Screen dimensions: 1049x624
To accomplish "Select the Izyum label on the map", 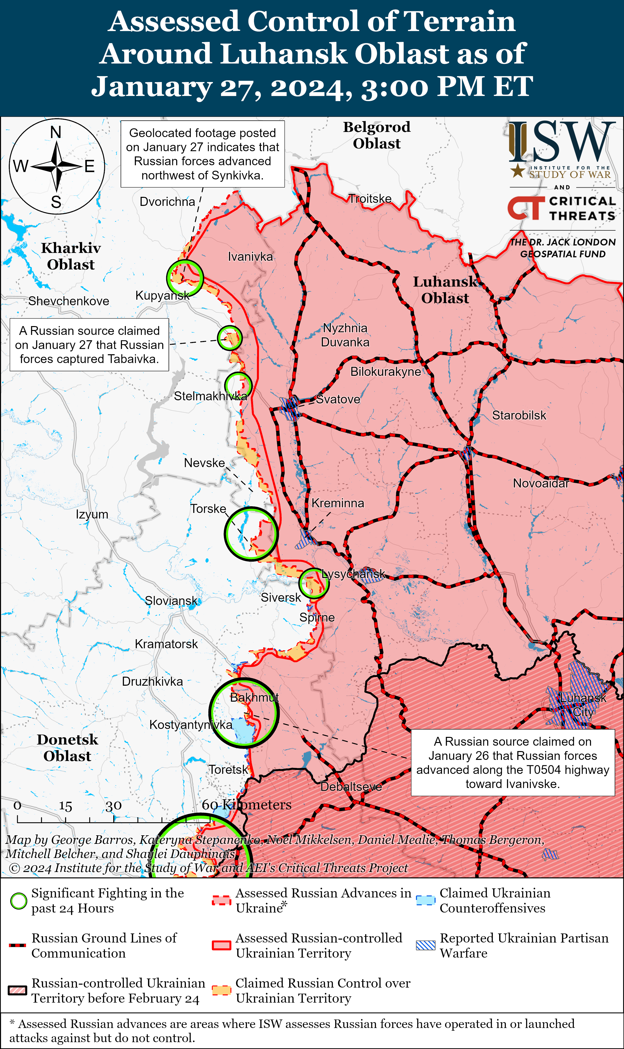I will [x=92, y=514].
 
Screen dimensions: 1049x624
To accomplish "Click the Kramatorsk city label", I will [x=166, y=644].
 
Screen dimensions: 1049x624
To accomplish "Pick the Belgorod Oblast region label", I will [x=377, y=135].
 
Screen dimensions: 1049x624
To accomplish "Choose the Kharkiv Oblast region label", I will [x=71, y=256].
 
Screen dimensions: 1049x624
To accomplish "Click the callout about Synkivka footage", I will [x=202, y=154].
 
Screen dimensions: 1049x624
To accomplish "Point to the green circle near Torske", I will [x=251, y=534].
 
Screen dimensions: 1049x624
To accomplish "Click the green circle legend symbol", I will [x=19, y=901].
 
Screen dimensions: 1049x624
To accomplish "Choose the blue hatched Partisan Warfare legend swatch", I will [x=426, y=945].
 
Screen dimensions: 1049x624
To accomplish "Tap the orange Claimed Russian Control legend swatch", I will [x=222, y=990].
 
